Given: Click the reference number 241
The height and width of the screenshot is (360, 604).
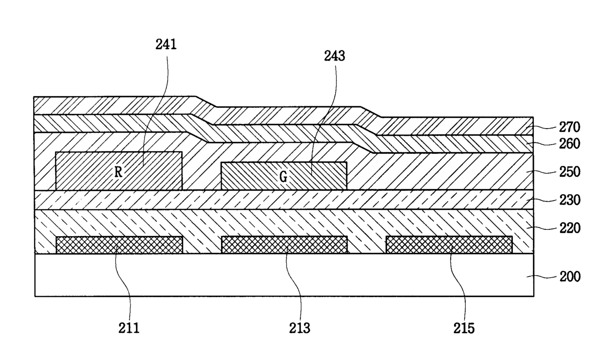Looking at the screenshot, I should tap(166, 45).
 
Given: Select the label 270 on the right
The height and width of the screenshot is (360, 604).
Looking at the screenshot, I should tap(570, 128).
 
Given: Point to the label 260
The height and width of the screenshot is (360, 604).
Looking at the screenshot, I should tap(570, 144).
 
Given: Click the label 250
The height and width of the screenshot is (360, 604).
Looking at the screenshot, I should tap(570, 172).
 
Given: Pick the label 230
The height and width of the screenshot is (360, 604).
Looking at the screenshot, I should tap(570, 200).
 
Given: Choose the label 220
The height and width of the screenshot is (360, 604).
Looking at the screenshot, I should tap(570, 227).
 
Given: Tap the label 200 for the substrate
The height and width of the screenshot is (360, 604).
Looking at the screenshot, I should tap(570, 277).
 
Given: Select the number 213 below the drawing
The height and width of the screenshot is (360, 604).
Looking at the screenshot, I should tap(299, 328).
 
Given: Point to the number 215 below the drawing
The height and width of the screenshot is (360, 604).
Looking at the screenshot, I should tap(464, 328).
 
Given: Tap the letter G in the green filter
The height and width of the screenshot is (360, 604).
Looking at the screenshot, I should tap(283, 177).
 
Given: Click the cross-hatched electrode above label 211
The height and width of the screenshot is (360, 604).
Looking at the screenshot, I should tap(119, 245).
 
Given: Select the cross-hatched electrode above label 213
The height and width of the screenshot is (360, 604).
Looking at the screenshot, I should tap(284, 245).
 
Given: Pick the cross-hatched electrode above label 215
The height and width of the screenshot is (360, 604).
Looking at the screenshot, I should tap(449, 245).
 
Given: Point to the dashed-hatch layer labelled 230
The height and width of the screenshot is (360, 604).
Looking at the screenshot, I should tap(283, 200).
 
